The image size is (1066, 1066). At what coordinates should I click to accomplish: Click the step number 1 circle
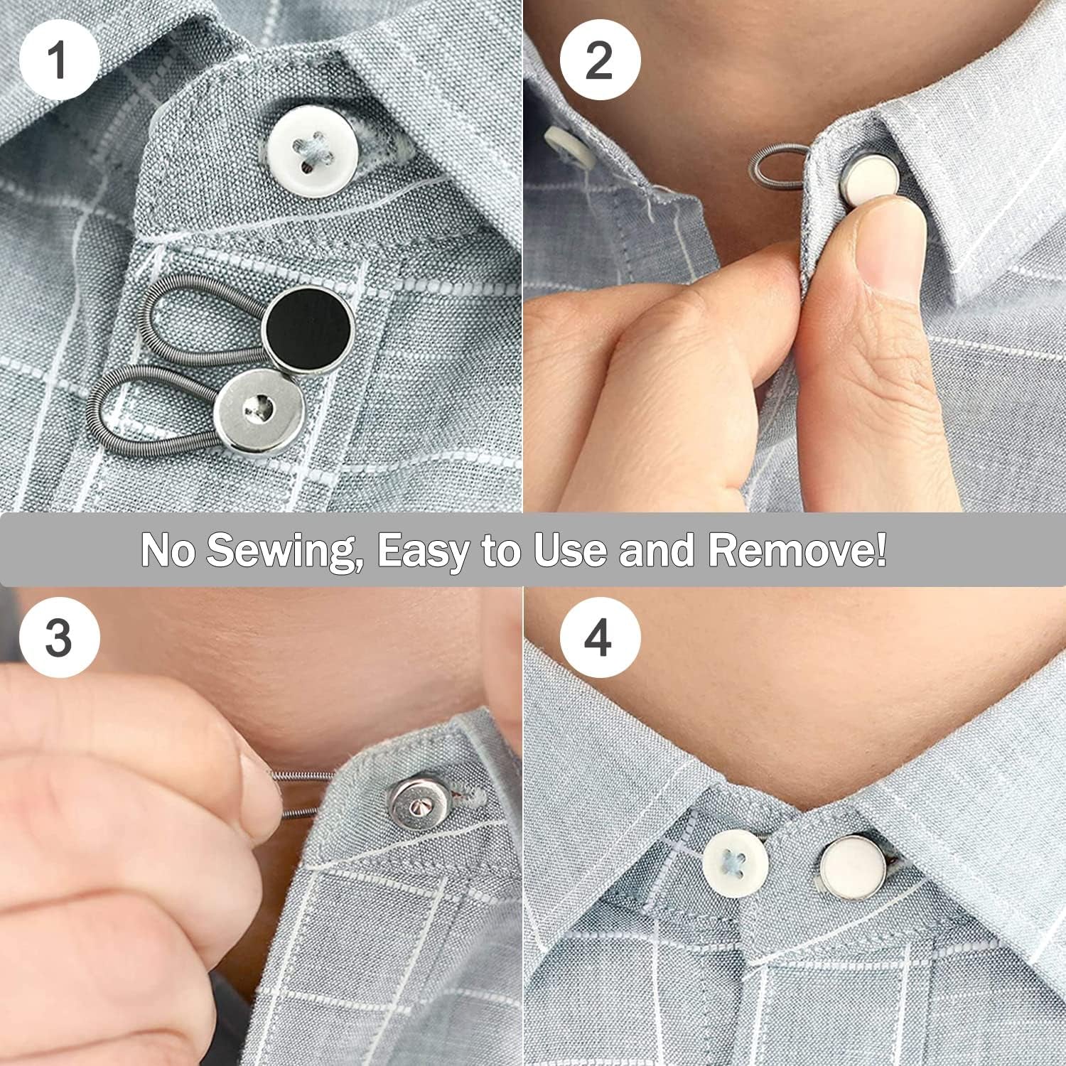[x=58, y=60]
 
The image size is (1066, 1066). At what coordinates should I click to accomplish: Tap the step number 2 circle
[x=599, y=60]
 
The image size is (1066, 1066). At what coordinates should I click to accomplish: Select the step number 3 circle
[x=58, y=637]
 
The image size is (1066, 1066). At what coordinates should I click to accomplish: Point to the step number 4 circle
[x=599, y=637]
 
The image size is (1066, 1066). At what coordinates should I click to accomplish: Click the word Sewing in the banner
[x=281, y=549]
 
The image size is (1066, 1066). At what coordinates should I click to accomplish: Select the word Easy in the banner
[x=422, y=549]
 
